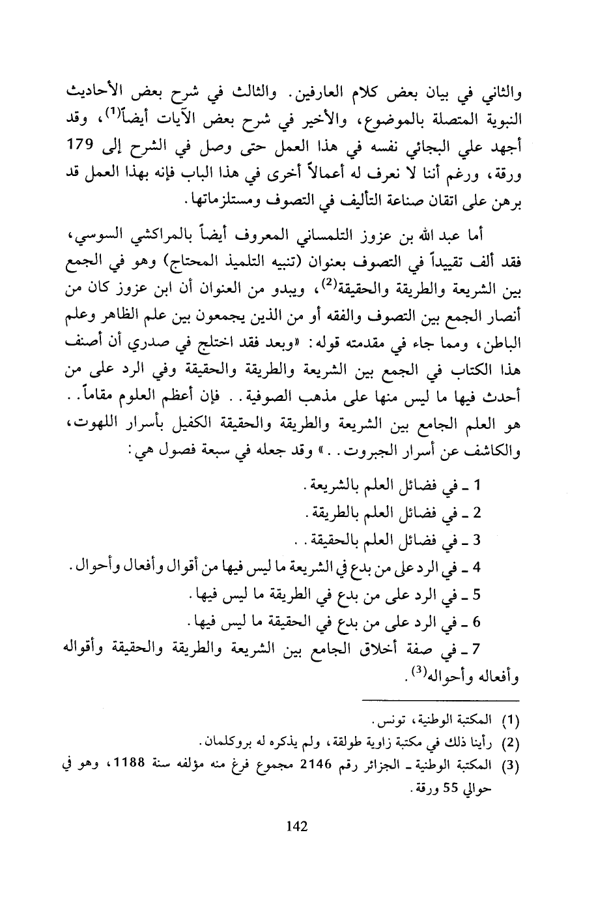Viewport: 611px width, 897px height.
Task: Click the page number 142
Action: [296, 827]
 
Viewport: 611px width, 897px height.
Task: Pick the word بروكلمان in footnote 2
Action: [227, 742]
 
